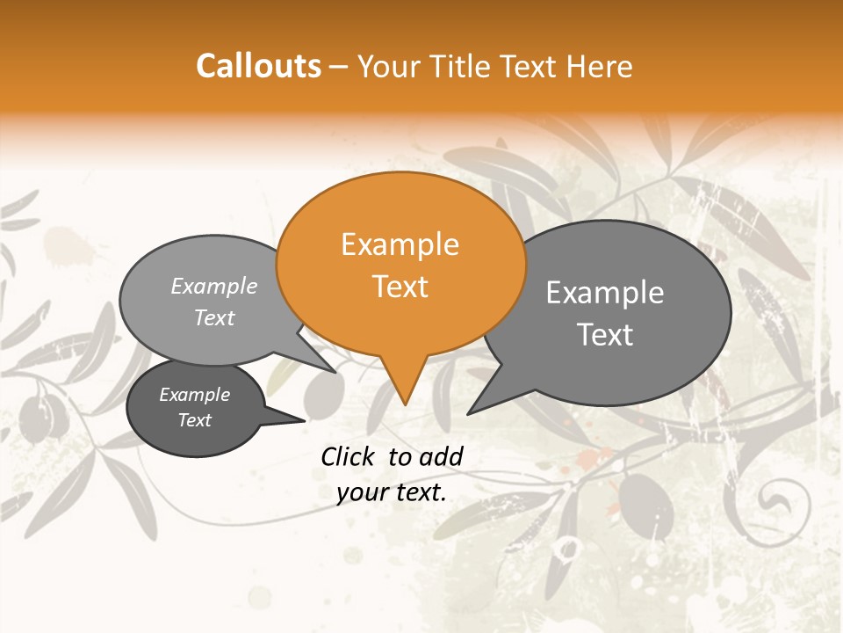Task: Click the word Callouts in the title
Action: pyautogui.click(x=258, y=66)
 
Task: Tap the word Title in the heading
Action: pyautogui.click(x=461, y=66)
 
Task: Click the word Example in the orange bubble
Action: pyautogui.click(x=400, y=244)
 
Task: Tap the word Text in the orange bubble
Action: pyautogui.click(x=400, y=287)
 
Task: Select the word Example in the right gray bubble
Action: pyautogui.click(x=605, y=293)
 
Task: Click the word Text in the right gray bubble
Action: pyautogui.click(x=605, y=335)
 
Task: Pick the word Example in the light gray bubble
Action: pyautogui.click(x=214, y=287)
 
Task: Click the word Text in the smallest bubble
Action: pyautogui.click(x=195, y=420)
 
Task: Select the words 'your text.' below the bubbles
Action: pyautogui.click(x=392, y=492)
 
